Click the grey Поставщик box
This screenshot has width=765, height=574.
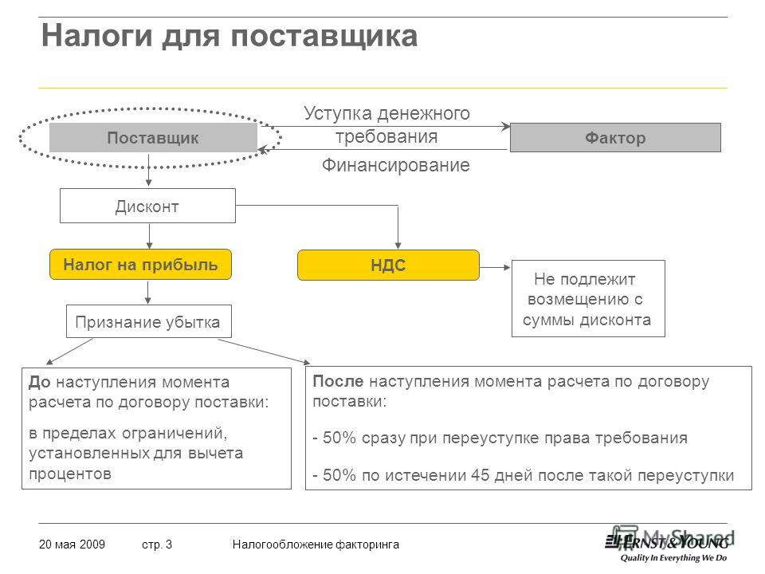(x=153, y=138)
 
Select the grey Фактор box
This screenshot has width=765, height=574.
(x=615, y=138)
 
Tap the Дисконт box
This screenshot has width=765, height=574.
(x=148, y=206)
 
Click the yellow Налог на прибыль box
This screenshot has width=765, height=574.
(x=140, y=265)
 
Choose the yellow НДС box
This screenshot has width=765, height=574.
(x=388, y=265)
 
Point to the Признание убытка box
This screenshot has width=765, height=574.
(x=149, y=321)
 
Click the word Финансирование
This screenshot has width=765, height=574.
(x=396, y=165)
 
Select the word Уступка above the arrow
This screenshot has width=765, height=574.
(x=338, y=113)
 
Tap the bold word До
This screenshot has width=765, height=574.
(x=40, y=382)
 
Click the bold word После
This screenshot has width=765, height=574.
(x=338, y=381)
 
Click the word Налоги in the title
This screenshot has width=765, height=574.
(x=97, y=36)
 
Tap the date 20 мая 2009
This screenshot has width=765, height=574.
(x=72, y=545)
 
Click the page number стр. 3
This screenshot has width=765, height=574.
(x=157, y=545)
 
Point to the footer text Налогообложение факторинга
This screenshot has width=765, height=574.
(x=316, y=545)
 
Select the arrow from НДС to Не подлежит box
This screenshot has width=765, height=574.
(x=495, y=268)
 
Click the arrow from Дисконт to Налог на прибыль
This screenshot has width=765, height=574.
(x=149, y=236)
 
